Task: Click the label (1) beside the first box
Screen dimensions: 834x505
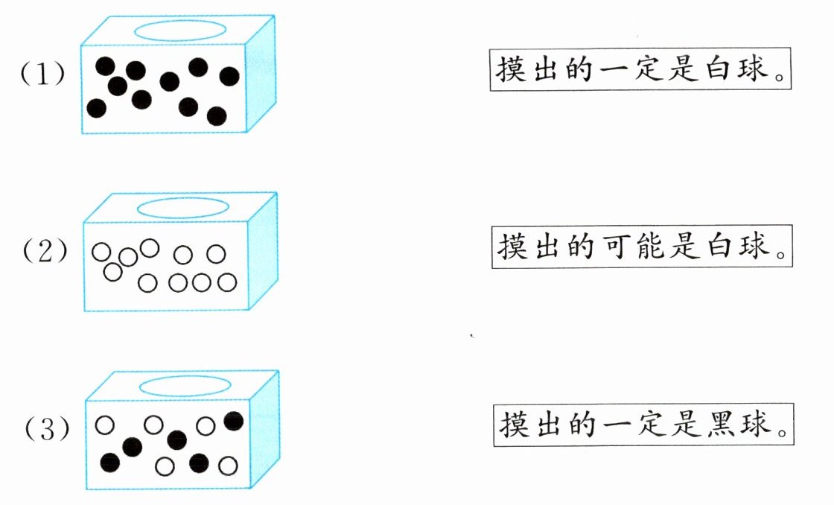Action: pos(42,75)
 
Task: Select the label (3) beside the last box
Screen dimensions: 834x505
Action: pos(46,429)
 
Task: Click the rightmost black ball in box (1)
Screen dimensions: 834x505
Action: pos(229,76)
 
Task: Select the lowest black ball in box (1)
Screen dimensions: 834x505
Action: pos(217,116)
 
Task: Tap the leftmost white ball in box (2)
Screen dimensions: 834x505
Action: pos(101,252)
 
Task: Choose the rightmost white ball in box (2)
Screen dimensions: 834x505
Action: pos(227,282)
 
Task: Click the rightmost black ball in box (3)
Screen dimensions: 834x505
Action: pos(233,422)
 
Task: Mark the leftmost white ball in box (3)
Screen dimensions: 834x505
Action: pos(105,425)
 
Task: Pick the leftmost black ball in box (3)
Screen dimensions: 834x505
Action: pos(109,463)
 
